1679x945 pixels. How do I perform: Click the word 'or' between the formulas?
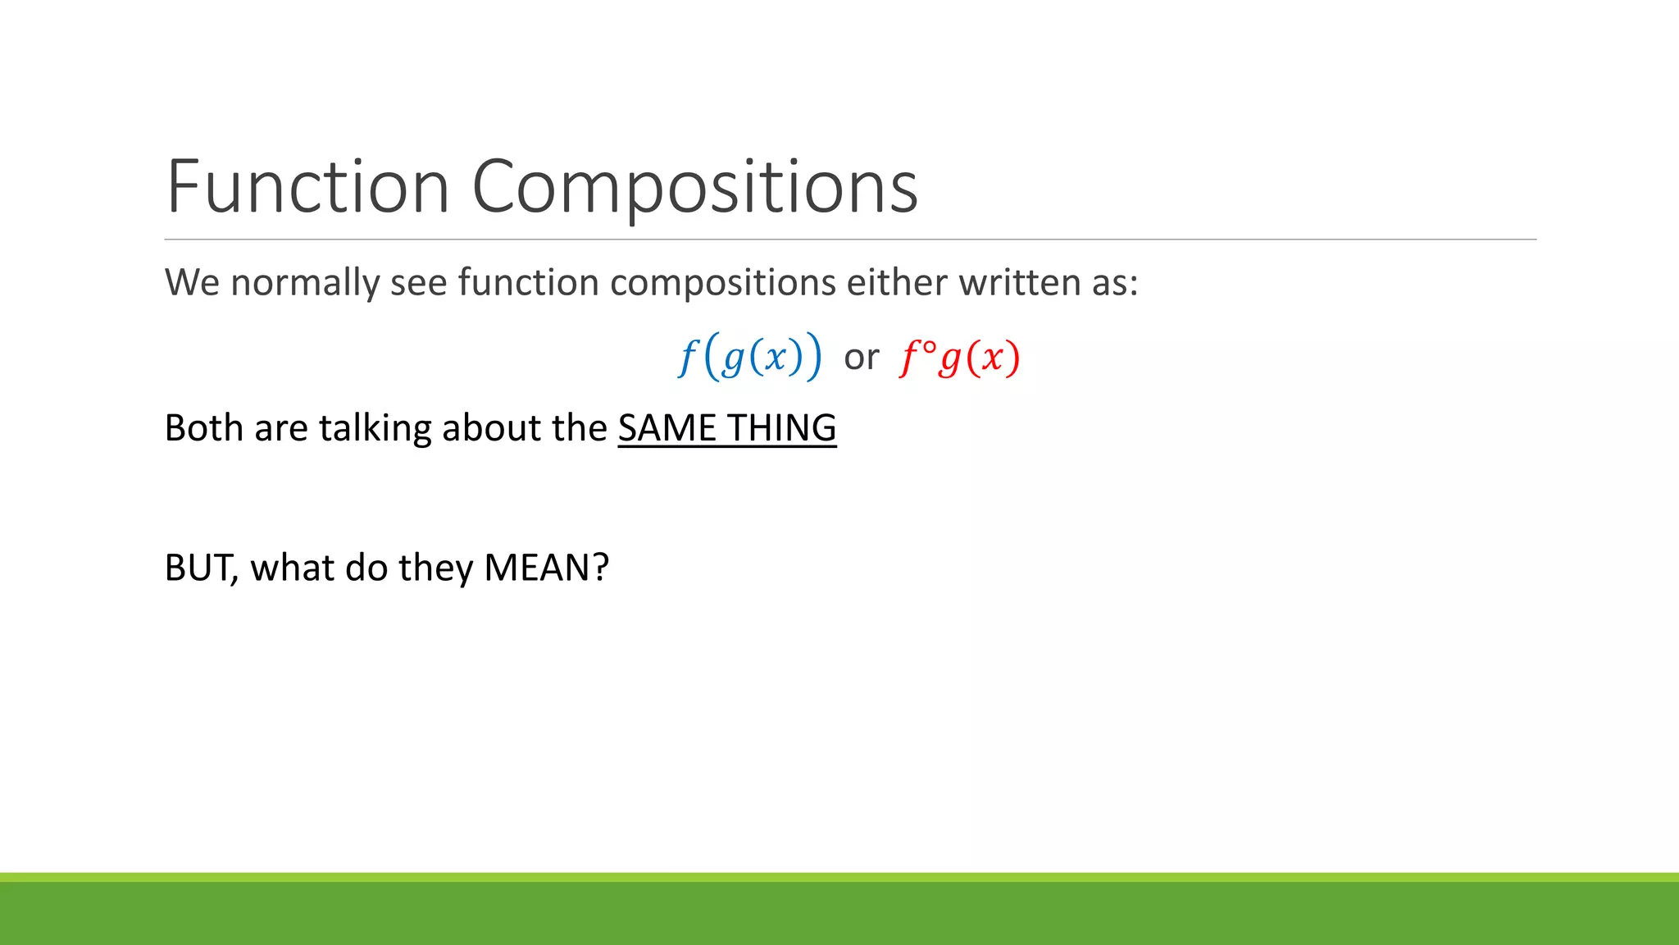(x=861, y=357)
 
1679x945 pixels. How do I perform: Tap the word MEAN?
(x=546, y=568)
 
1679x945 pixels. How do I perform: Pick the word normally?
(x=304, y=283)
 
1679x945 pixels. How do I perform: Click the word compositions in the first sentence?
(x=722, y=283)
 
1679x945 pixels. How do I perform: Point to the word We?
(x=192, y=283)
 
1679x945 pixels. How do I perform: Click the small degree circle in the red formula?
(x=929, y=347)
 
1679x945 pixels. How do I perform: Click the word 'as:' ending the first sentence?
(x=1114, y=283)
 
